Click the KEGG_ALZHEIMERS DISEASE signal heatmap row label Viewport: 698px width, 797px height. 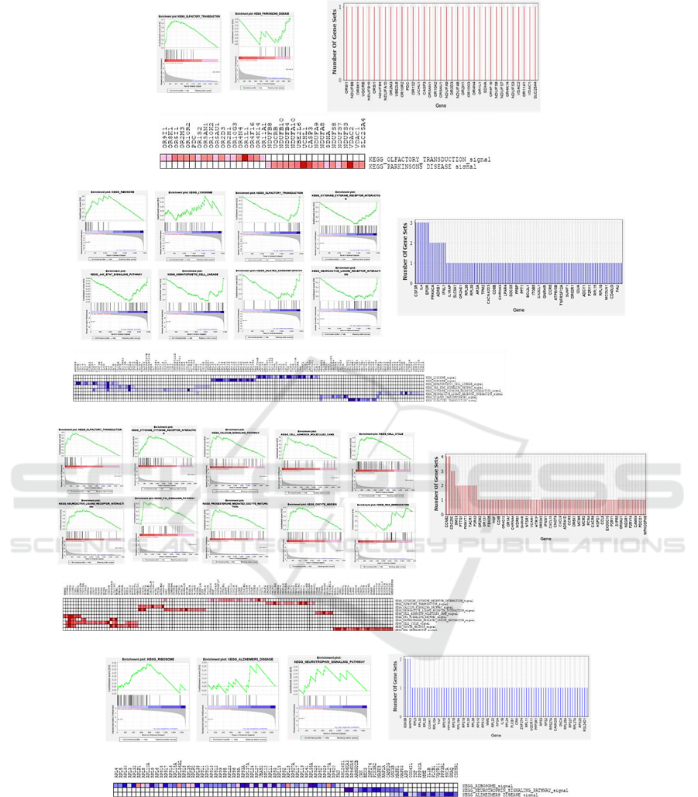(x=496, y=795)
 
